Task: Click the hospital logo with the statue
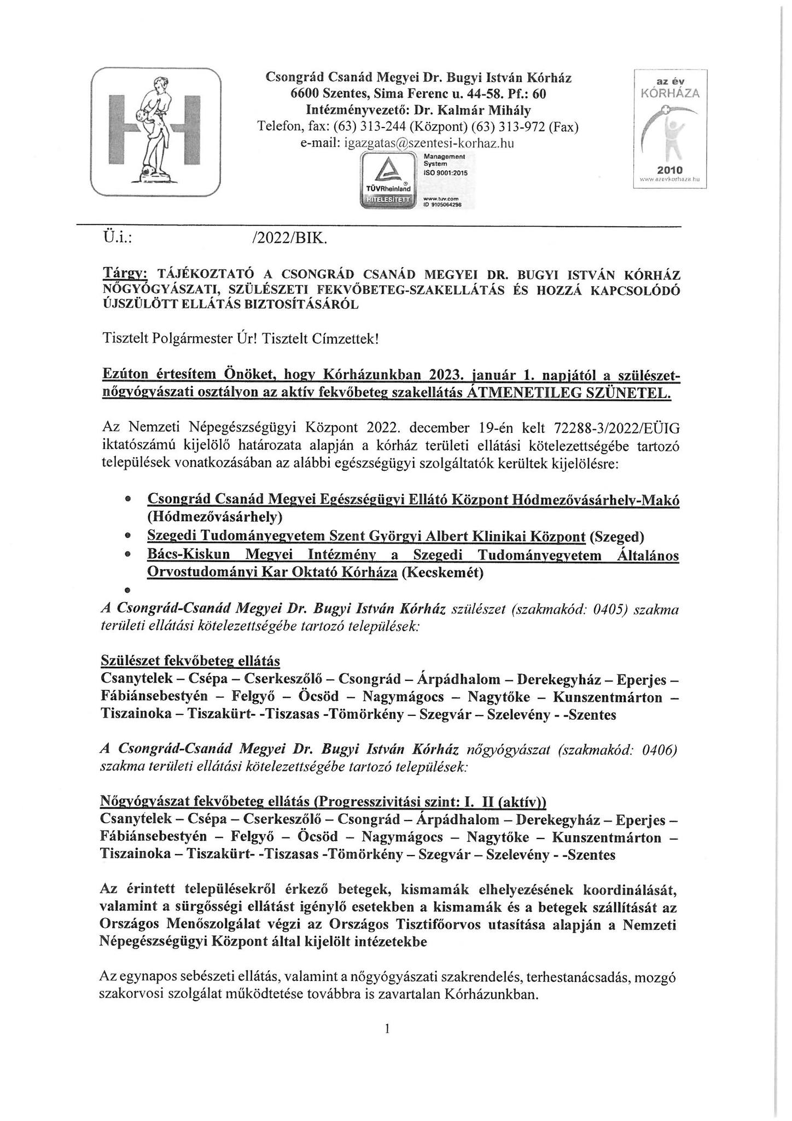click(156, 132)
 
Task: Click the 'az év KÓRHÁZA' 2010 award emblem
click(670, 129)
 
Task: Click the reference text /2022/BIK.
click(288, 239)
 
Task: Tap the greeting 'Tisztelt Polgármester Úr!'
click(180, 339)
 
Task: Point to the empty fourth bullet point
click(127, 591)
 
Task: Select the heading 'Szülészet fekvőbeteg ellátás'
click(191, 661)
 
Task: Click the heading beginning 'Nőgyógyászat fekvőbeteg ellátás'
click(323, 801)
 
